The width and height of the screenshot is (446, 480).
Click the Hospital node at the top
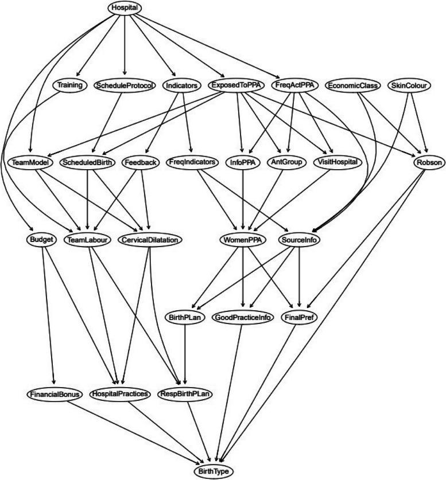(124, 7)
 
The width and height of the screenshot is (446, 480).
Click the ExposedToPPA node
(236, 85)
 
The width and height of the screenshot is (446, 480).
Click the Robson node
(428, 163)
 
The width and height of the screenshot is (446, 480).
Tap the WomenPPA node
(243, 240)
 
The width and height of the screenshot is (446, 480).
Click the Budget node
(40, 240)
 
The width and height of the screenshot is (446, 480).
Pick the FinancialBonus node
(55, 395)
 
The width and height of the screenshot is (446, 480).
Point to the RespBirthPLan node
(185, 395)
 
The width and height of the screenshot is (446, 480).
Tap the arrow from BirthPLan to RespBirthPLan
(184, 356)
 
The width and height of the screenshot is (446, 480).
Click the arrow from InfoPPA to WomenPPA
(243, 201)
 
